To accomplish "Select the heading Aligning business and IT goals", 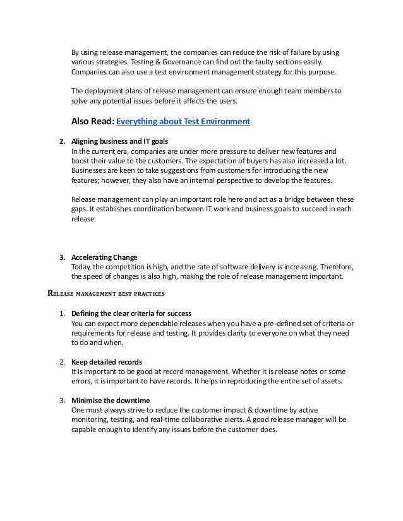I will point(120,141).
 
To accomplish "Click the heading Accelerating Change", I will point(104,257).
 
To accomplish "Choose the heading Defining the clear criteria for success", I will point(131,313).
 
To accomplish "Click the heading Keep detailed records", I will point(107,362).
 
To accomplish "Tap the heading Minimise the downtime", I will point(107,401).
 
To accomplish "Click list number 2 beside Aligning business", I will point(62,141).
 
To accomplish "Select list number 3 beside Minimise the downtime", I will point(62,401).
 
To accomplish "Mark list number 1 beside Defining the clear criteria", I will point(62,313).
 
